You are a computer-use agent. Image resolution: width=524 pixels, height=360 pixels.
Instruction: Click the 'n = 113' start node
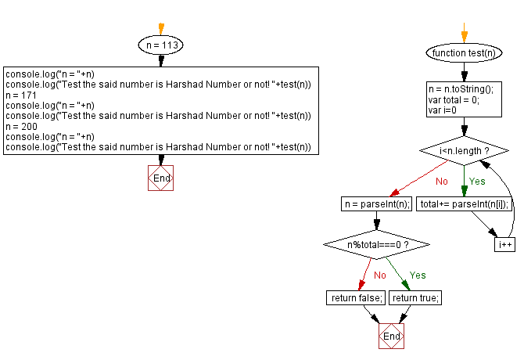pyautogui.click(x=160, y=46)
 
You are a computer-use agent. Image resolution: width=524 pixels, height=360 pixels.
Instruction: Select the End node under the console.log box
pyautogui.click(x=160, y=178)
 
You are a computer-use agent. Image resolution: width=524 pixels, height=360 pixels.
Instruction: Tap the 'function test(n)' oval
pyautogui.click(x=463, y=53)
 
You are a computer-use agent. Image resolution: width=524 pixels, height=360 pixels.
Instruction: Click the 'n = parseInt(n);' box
pyautogui.click(x=376, y=204)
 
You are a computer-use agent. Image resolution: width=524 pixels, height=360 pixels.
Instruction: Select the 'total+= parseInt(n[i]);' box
pyautogui.click(x=465, y=204)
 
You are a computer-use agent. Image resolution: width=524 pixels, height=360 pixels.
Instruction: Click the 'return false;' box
pyautogui.click(x=356, y=297)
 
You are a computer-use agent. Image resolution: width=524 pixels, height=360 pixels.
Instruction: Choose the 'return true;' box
pyautogui.click(x=416, y=297)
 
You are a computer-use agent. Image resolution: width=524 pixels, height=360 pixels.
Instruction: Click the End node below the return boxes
pyautogui.click(x=391, y=336)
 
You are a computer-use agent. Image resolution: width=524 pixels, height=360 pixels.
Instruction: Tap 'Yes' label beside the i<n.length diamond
pyautogui.click(x=476, y=181)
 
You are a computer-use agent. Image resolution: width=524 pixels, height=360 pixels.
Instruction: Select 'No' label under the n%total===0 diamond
pyautogui.click(x=379, y=275)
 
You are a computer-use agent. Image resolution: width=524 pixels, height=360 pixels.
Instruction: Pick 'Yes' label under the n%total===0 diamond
pyautogui.click(x=418, y=275)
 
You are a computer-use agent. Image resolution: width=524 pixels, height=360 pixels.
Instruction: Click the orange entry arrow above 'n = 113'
pyautogui.click(x=160, y=28)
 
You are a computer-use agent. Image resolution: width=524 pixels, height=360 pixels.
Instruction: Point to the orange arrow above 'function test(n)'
pyautogui.click(x=463, y=35)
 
